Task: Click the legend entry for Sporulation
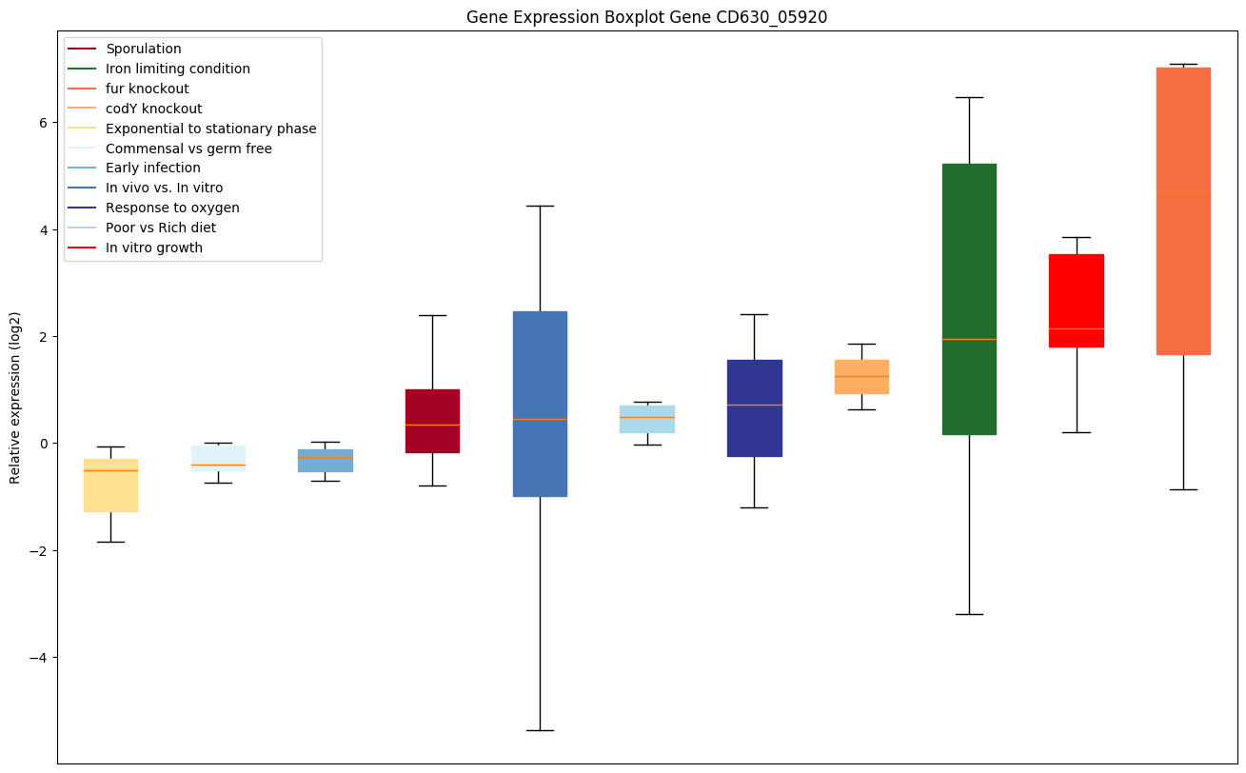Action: click(x=144, y=49)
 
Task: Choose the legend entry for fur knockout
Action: click(x=148, y=89)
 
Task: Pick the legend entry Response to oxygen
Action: click(x=172, y=208)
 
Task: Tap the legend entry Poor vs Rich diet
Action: click(x=161, y=228)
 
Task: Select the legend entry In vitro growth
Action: click(x=154, y=248)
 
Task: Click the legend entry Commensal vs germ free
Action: click(x=188, y=149)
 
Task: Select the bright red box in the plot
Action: click(x=1076, y=300)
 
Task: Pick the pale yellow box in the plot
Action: click(x=110, y=486)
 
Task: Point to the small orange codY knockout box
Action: click(x=861, y=377)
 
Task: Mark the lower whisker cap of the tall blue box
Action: click(x=540, y=730)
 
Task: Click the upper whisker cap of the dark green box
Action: click(x=969, y=97)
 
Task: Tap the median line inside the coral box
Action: click(x=1183, y=192)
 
